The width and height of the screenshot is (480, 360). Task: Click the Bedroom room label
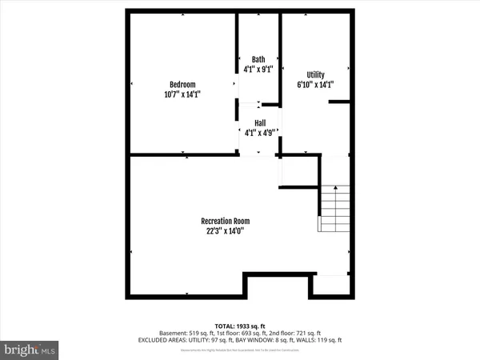coord(182,85)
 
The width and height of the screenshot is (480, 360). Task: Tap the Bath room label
coord(258,59)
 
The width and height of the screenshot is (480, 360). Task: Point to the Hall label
coord(260,123)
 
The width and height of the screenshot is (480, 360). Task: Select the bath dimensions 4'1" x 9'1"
coord(258,69)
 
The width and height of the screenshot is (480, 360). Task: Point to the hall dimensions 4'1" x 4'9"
coord(260,133)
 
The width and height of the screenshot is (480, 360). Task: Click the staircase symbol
coord(335,207)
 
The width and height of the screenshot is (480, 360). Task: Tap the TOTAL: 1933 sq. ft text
coord(240,325)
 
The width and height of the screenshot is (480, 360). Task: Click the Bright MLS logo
coord(30,349)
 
